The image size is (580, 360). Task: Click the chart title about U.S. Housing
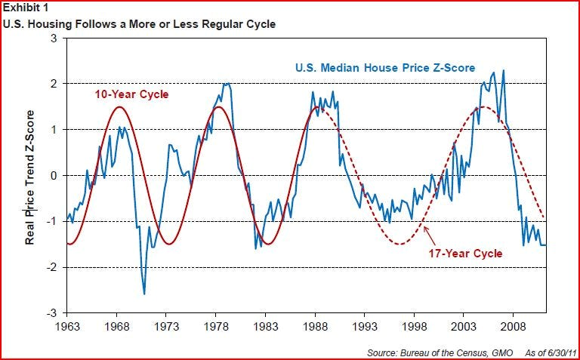[139, 24]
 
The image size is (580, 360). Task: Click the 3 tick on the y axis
[54, 37]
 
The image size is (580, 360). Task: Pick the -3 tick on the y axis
[52, 313]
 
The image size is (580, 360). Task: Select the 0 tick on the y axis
[54, 175]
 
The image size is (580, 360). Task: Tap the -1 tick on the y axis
[52, 221]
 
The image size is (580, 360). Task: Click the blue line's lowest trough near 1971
[144, 294]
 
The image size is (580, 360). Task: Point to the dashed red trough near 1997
[400, 244]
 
